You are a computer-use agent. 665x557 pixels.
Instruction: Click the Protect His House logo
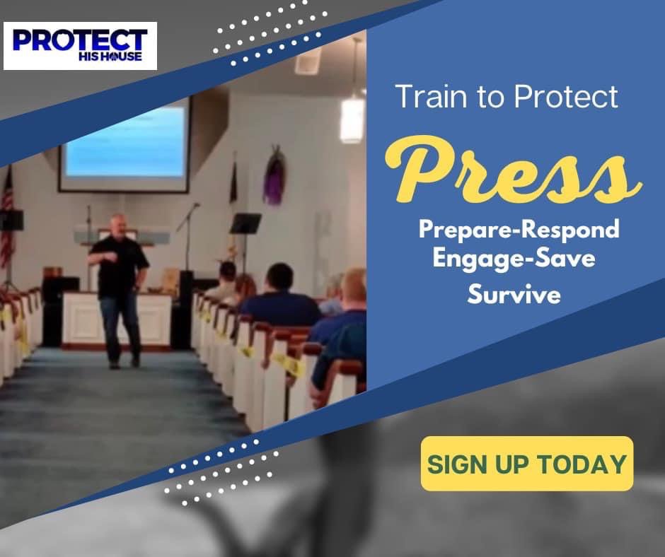click(x=80, y=46)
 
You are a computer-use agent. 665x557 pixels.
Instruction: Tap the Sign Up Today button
click(x=527, y=464)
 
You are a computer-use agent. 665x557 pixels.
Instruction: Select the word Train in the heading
click(x=432, y=97)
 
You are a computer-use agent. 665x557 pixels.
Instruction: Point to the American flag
click(x=7, y=221)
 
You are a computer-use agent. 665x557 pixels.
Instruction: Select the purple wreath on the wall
click(x=274, y=176)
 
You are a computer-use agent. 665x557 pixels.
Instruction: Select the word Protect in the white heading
click(x=566, y=97)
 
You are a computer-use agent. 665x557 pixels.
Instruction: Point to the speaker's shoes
click(x=124, y=363)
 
